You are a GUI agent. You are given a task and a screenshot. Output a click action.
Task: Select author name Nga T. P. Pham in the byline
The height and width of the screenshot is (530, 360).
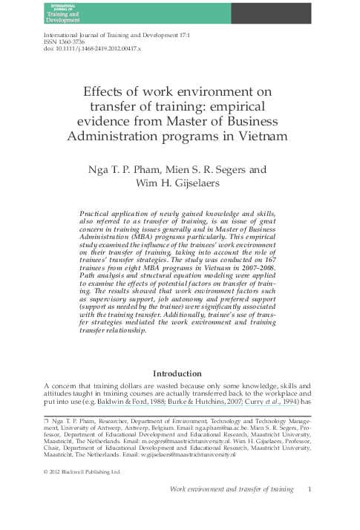pyautogui.click(x=122, y=170)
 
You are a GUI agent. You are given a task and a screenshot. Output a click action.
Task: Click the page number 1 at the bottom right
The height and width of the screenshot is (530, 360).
pyautogui.click(x=309, y=490)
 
